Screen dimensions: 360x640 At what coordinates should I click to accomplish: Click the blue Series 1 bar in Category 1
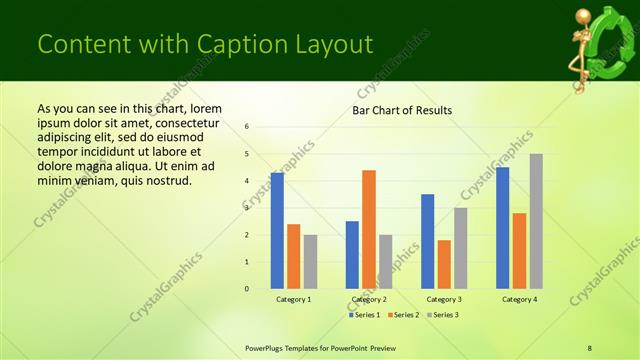(277, 231)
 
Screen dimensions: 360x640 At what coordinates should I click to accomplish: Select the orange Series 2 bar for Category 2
(369, 229)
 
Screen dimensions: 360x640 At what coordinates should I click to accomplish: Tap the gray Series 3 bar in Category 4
(536, 221)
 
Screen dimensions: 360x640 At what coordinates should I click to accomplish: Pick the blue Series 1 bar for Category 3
(428, 241)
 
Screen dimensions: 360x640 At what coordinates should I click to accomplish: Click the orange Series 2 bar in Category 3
(444, 264)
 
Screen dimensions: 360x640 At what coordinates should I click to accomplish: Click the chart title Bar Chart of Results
(402, 110)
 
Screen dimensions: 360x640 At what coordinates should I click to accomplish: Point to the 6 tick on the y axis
(247, 127)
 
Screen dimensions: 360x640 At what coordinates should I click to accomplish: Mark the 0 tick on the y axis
(247, 289)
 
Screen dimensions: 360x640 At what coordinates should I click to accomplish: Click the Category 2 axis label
(369, 299)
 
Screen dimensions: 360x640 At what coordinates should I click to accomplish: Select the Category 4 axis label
(519, 299)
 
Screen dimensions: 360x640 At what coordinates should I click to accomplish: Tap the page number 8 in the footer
(590, 347)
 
